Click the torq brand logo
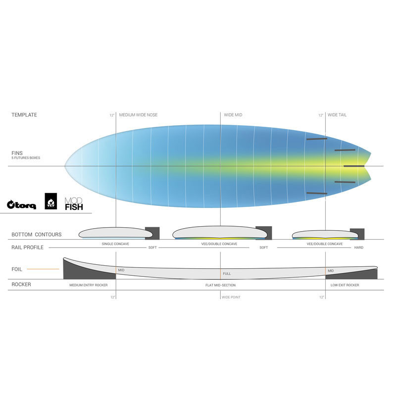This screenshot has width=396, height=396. [21, 204]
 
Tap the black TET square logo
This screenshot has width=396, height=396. [51, 201]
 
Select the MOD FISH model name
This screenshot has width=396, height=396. [74, 204]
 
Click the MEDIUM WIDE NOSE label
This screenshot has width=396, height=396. [138, 115]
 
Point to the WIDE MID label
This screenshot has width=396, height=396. [233, 115]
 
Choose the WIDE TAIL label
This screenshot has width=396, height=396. [337, 115]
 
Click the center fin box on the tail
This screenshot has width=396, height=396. [354, 166]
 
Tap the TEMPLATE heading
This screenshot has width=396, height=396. [24, 115]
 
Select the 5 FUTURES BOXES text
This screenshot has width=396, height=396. [26, 158]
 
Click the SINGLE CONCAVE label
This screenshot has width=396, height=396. [115, 244]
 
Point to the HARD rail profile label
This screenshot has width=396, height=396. [358, 247]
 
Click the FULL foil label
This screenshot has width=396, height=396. [227, 274]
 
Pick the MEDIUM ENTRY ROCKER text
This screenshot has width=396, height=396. [89, 285]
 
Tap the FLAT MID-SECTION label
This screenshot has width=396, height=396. [220, 285]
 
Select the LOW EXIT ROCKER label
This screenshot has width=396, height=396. [345, 285]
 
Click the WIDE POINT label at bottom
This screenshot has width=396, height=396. [231, 297]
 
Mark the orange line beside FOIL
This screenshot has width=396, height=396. [43, 269]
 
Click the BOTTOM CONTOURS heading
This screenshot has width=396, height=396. [36, 235]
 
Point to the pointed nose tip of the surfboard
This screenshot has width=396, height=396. [65, 166]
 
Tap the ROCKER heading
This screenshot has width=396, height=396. [21, 285]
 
